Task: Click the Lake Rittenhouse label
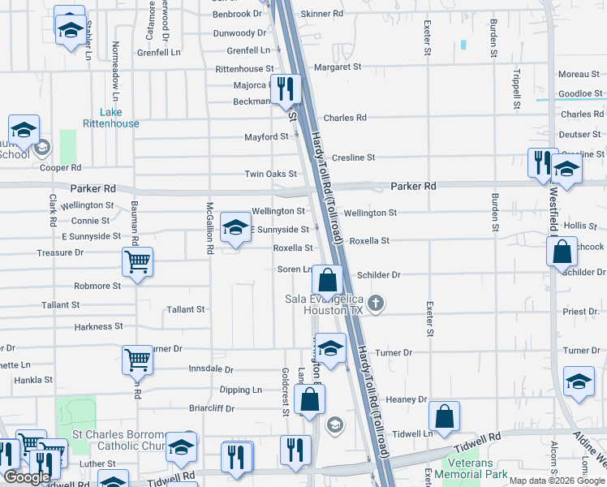coord(110,118)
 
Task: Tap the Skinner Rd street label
coord(321,14)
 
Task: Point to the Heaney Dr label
coord(406,399)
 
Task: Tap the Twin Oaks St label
coord(267,174)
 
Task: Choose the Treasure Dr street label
coord(60,253)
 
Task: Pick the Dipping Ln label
coord(240,390)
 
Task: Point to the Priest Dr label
coord(581,311)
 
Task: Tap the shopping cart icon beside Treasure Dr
coord(137,261)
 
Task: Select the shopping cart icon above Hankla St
coord(137,359)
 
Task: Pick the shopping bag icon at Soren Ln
coord(327,280)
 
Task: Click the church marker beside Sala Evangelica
coord(375,304)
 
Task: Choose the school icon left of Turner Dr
coord(330,347)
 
